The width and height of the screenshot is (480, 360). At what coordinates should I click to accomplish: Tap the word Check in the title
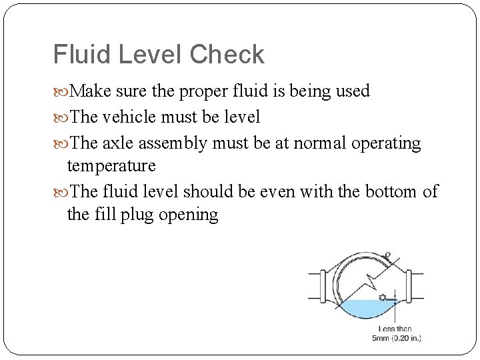point(227,55)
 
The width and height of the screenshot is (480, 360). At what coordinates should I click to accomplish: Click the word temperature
point(111,165)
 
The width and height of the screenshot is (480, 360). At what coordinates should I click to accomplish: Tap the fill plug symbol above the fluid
point(382,297)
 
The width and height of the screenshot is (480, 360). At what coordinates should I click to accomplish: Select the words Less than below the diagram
point(395,329)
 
